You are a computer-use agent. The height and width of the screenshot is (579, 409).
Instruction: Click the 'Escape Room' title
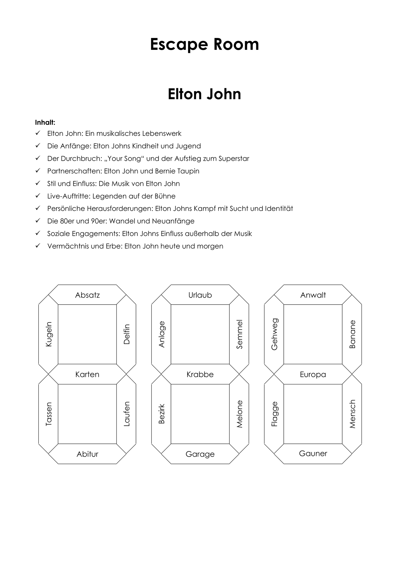point(204,44)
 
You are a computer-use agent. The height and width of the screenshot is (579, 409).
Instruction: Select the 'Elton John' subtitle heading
point(204,94)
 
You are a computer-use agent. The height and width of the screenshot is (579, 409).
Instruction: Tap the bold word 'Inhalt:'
point(45,122)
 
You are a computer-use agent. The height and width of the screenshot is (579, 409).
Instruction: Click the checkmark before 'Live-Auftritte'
point(38,196)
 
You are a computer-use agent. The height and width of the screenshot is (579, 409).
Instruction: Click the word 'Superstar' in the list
point(234,159)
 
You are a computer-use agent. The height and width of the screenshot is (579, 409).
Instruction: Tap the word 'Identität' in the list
point(279,209)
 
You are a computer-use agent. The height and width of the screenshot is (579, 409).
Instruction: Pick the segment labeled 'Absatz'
point(87,295)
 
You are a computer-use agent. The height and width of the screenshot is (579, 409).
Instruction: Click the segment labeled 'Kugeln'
point(49,334)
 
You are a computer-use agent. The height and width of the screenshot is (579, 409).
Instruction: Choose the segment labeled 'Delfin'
point(126,334)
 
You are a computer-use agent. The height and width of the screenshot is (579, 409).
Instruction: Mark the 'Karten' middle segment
point(87,374)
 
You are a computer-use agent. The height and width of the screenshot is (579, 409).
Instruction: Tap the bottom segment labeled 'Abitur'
point(87,454)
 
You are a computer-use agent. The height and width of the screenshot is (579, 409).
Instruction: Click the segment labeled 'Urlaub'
point(200,295)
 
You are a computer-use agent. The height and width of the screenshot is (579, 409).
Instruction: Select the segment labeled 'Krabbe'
point(200,374)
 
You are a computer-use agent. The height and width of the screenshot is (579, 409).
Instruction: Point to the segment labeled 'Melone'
point(239,414)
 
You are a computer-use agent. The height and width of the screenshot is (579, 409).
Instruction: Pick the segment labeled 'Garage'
point(200,454)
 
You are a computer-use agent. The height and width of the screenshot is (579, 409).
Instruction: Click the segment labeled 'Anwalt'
point(313,295)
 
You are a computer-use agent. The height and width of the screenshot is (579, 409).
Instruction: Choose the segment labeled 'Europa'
point(313,374)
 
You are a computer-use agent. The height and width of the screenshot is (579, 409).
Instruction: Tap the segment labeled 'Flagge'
point(274,414)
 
